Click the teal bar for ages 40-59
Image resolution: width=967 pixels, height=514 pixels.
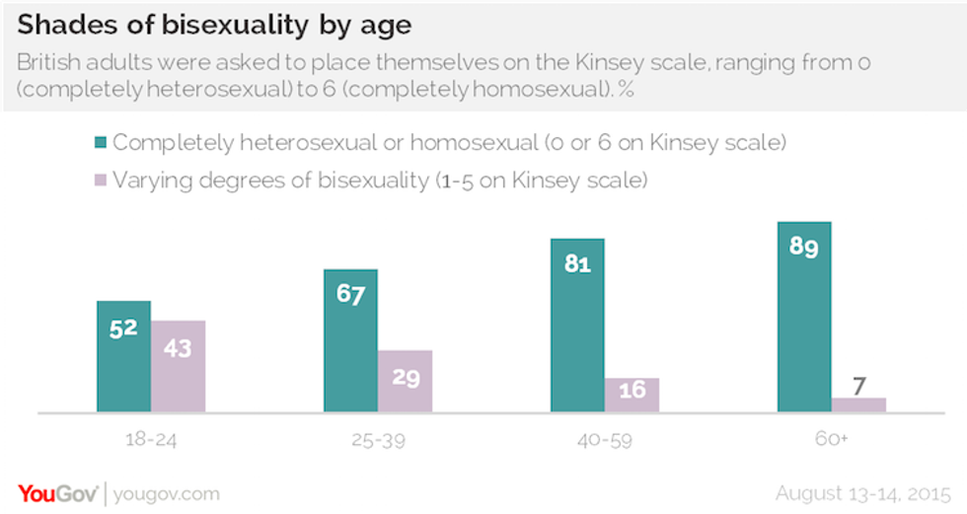coord(577,326)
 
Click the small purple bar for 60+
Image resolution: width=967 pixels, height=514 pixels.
coord(858,404)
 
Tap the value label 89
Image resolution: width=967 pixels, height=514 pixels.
coord(804,248)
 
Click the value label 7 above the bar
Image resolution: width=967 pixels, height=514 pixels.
coord(858,382)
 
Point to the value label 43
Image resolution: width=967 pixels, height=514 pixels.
coord(178,348)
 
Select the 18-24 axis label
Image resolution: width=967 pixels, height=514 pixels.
coord(151,439)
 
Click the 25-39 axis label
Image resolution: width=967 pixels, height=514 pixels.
coord(378,439)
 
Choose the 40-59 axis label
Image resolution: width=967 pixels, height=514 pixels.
coord(605,439)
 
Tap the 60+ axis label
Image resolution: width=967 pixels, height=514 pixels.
coord(832,439)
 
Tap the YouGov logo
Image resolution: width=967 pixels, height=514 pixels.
coord(57,493)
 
